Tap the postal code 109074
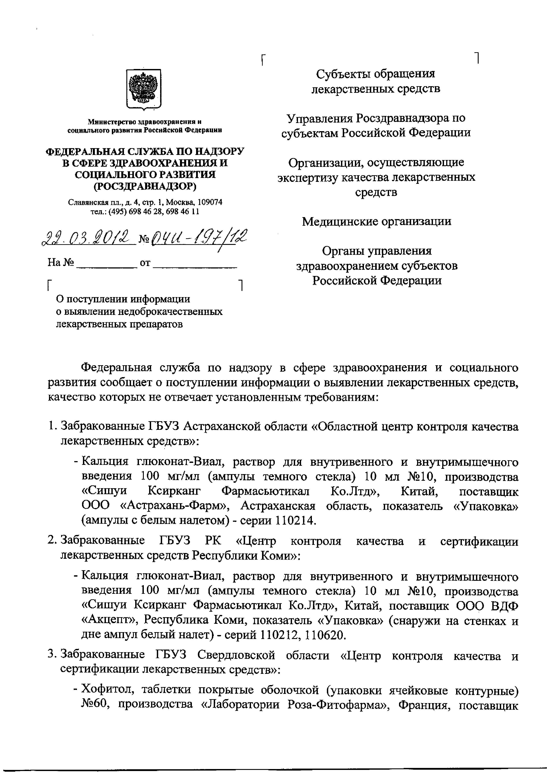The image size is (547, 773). [x=210, y=202]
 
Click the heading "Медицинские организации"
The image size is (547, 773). [x=376, y=222]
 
